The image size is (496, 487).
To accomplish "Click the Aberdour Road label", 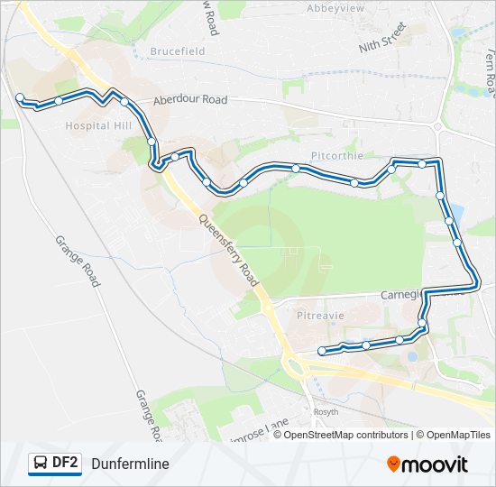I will (189, 100).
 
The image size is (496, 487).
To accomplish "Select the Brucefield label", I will (178, 51).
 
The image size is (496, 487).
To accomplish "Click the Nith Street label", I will (382, 43).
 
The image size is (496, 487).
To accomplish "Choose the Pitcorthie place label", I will (336, 155).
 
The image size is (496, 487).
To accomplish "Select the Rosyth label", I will (326, 411).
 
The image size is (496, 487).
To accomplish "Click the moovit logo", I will (427, 464).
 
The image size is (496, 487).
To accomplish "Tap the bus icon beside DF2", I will (41, 464).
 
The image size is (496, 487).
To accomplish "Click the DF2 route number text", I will (65, 464).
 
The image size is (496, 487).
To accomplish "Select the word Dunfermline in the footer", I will (130, 464).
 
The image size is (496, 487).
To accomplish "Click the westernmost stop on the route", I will (20, 96).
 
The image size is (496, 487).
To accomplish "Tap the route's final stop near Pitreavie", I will (322, 351).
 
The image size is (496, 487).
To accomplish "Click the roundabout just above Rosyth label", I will (295, 366).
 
